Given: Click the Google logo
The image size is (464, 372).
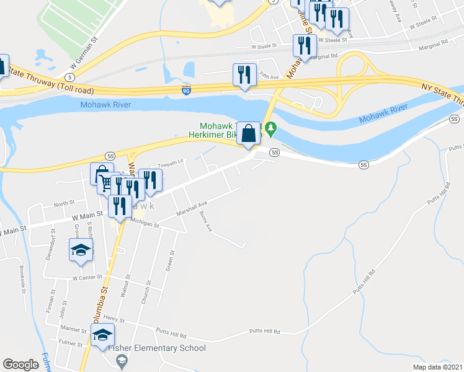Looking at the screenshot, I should (x=20, y=365).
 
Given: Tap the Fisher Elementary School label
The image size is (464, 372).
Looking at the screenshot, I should (x=157, y=348).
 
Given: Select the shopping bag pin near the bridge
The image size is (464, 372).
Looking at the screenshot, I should (x=248, y=133).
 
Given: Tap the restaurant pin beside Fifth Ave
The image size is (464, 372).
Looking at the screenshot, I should (x=242, y=76).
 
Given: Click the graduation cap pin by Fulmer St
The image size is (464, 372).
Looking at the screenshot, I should (x=102, y=337).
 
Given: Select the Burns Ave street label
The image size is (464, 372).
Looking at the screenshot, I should (x=206, y=221).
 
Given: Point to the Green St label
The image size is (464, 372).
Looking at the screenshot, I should (x=169, y=260).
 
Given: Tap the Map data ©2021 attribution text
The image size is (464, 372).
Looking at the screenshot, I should (x=437, y=367).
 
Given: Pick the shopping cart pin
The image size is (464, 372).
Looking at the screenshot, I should (x=107, y=184).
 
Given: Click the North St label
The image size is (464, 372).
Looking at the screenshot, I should (x=64, y=203).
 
